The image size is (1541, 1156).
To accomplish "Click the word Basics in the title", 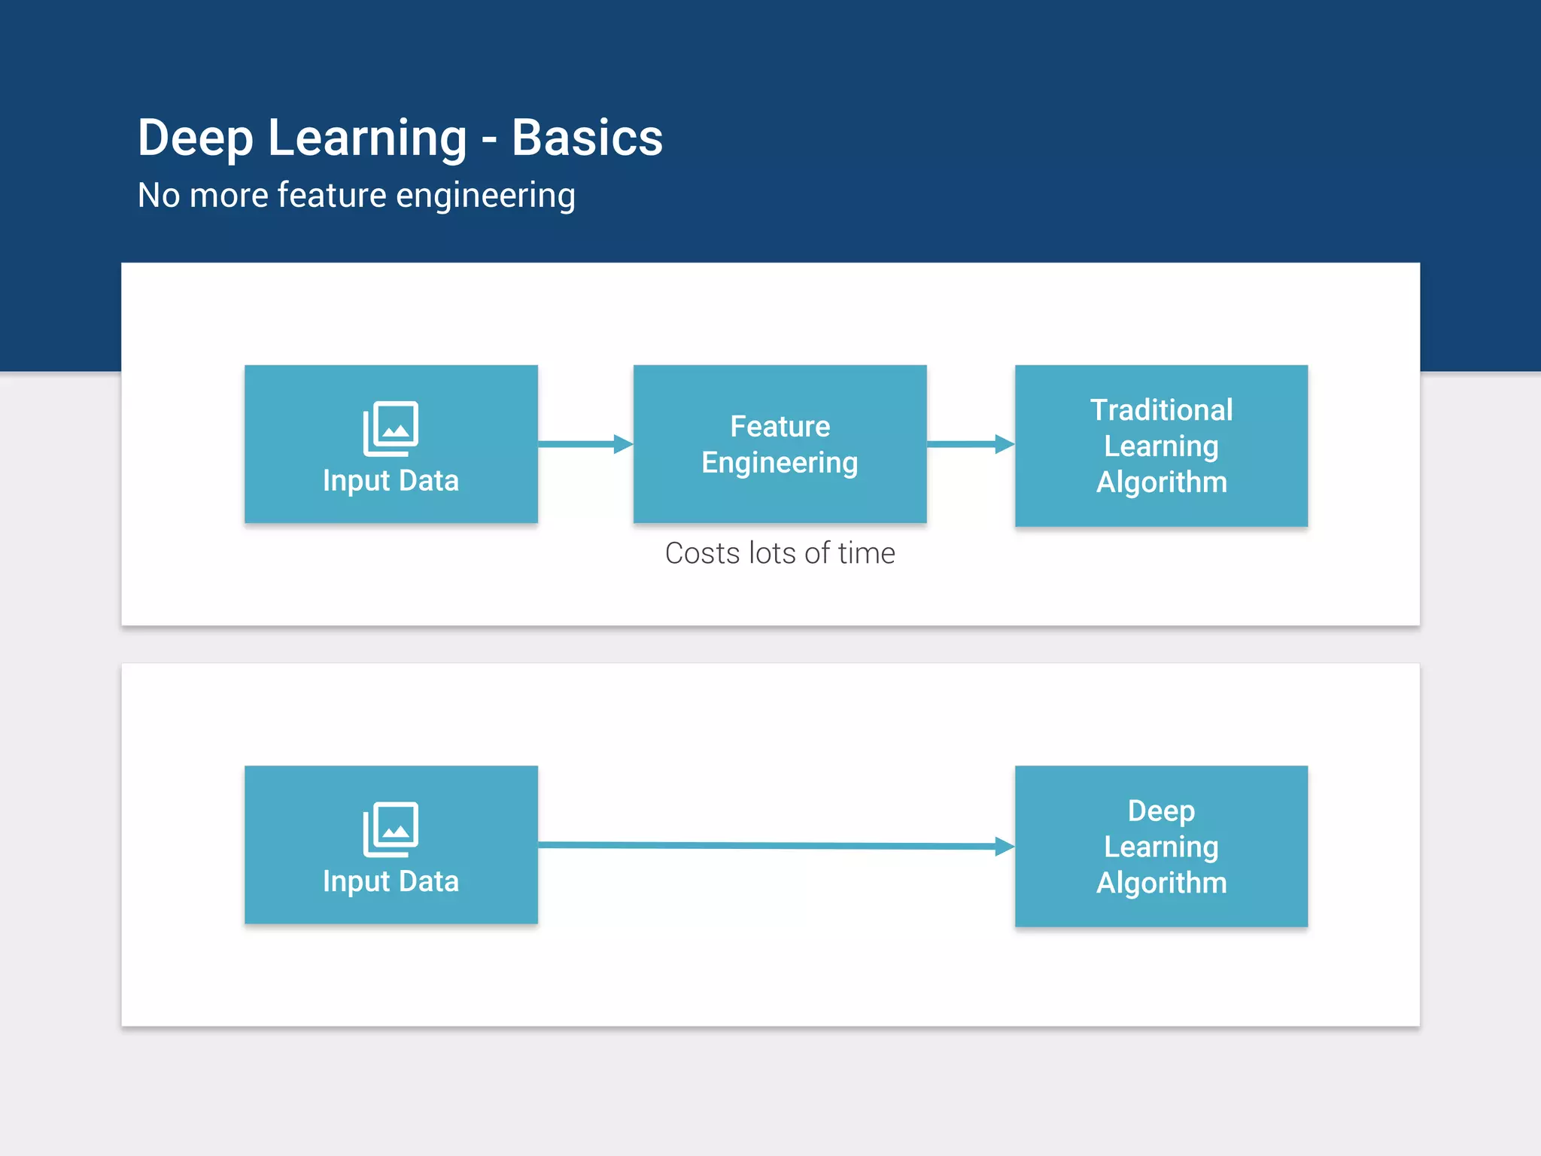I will click(587, 138).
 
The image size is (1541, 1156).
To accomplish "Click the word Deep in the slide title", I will click(196, 138).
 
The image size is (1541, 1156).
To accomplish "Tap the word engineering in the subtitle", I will click(485, 196).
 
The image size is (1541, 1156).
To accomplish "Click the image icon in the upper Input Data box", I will click(391, 428).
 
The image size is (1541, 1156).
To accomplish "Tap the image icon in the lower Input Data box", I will click(391, 829).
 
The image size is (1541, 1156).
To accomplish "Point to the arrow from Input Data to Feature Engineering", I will click(585, 444).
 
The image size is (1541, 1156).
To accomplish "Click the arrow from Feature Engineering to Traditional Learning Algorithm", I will click(971, 444).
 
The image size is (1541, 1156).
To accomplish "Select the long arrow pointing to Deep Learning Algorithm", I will click(775, 846).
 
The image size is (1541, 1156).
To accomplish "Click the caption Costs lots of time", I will click(780, 553).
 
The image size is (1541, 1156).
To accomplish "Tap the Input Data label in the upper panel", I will click(391, 481).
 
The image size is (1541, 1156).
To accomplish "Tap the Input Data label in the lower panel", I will click(391, 881).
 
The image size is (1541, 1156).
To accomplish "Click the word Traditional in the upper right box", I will click(1161, 410).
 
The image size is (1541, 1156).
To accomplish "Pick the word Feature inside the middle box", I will click(780, 427).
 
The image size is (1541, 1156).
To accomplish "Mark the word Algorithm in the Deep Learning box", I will click(1161, 883).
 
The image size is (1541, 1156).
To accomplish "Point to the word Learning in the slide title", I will click(367, 138).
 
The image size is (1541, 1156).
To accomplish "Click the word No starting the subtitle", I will click(159, 196).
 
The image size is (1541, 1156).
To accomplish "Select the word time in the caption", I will click(866, 553).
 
